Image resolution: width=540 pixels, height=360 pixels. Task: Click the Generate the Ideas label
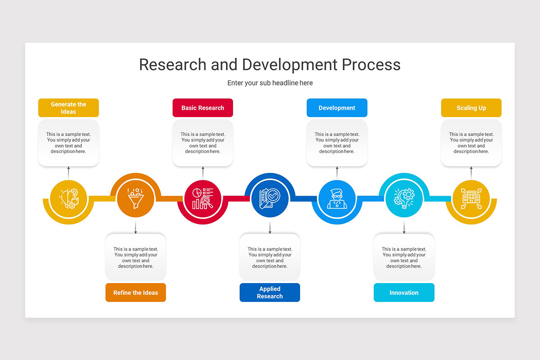tap(68, 108)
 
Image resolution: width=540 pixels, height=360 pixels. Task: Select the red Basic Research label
tap(202, 108)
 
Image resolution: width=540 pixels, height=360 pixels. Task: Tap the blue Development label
tap(337, 108)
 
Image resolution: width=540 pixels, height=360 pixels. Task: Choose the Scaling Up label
tap(471, 108)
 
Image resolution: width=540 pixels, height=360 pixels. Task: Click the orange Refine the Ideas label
tap(135, 292)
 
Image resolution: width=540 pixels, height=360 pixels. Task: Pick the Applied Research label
tap(270, 292)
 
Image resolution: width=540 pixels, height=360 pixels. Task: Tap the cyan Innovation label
tap(404, 292)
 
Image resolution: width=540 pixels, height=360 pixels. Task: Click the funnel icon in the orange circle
tap(135, 198)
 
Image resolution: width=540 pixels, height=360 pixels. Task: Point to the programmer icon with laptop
tap(337, 198)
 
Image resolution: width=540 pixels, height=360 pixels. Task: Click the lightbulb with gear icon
tap(404, 198)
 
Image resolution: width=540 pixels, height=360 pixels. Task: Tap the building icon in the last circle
tap(471, 198)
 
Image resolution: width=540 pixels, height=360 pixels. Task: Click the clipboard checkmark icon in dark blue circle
tap(270, 198)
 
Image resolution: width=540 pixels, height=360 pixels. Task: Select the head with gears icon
tap(68, 198)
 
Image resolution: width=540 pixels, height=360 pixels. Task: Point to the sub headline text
tap(270, 83)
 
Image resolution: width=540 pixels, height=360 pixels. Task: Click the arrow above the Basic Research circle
tap(202, 172)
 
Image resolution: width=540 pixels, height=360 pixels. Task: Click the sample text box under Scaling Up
tap(471, 143)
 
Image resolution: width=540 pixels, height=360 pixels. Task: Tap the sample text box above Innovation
tap(404, 257)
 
